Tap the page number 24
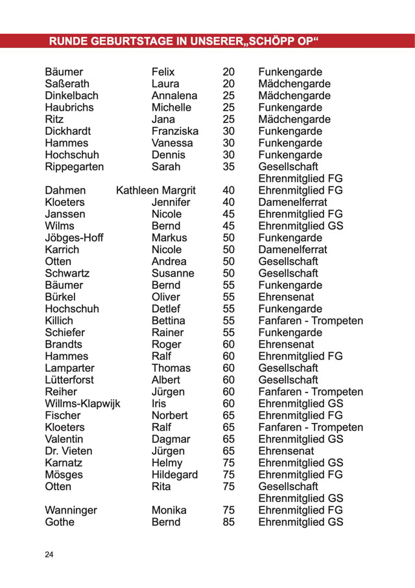50,554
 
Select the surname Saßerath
67,84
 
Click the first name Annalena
174,96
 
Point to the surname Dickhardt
68,131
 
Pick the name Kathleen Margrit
156,190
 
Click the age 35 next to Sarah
228,166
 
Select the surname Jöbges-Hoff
75,238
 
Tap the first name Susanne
172,273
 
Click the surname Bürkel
61,297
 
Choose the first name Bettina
168,321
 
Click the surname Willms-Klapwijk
82,403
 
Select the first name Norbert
169,415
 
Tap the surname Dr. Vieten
69,451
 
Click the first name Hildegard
174,475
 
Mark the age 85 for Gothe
228,522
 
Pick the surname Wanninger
71,510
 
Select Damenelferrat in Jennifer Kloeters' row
292,202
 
